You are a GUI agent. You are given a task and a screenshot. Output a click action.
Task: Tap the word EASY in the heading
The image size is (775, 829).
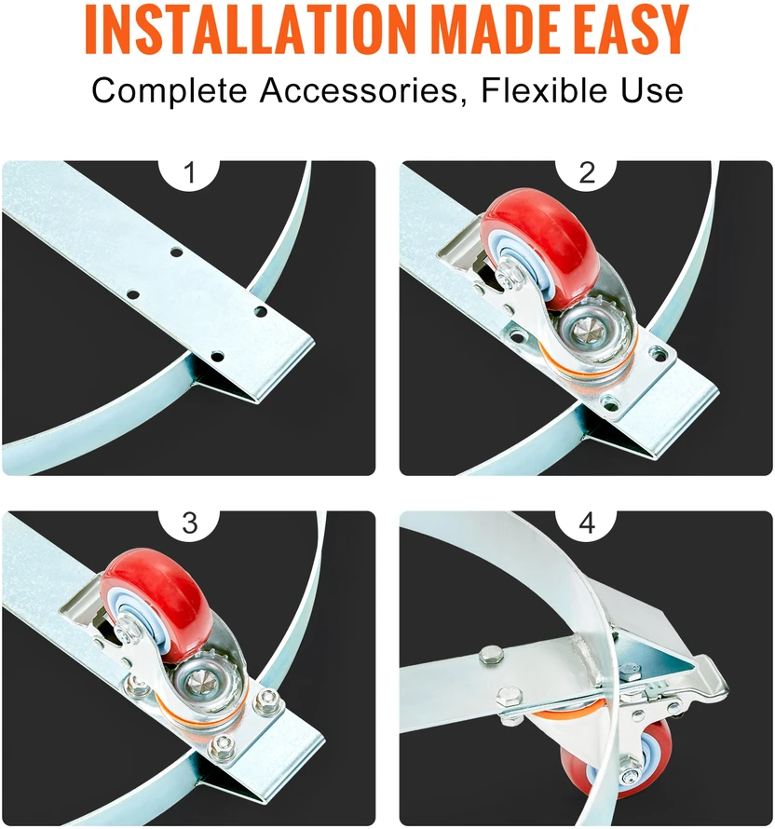[627, 29]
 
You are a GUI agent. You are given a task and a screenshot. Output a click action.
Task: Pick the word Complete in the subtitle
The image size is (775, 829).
[170, 91]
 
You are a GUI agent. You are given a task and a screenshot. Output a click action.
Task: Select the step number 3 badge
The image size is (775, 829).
[189, 523]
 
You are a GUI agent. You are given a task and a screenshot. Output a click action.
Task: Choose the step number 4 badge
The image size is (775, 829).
[587, 523]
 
